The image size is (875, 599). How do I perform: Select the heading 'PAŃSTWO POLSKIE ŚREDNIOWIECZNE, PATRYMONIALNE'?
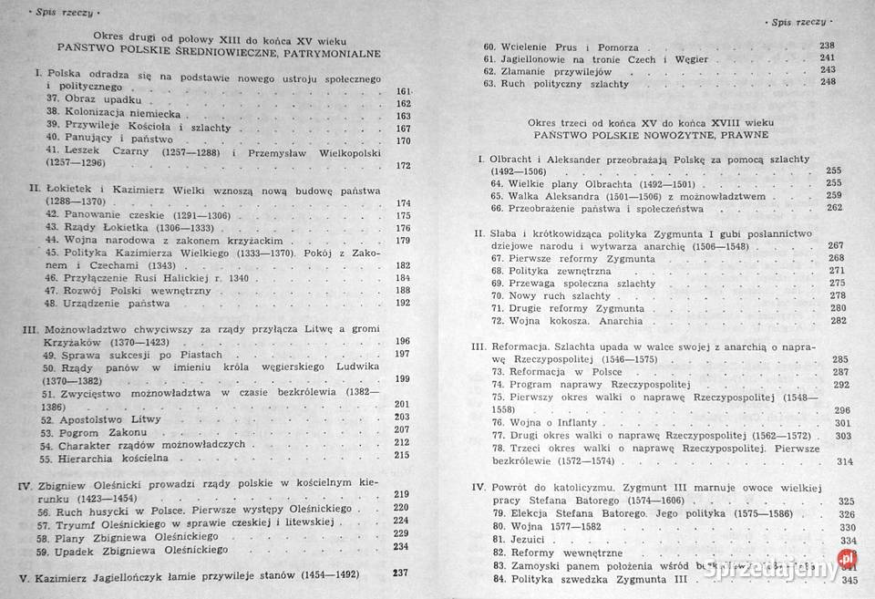219,52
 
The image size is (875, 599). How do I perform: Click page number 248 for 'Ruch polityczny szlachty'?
828,82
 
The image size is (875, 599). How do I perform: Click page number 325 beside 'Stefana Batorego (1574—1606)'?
845,501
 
